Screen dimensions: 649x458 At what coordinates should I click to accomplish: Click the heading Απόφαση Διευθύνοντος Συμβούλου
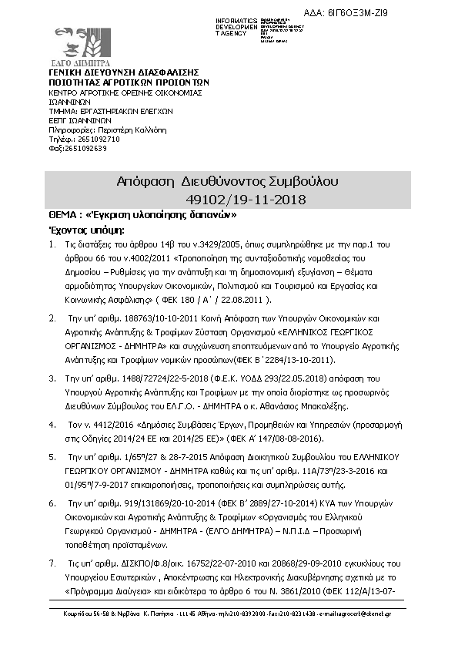pyautogui.click(x=228, y=183)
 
